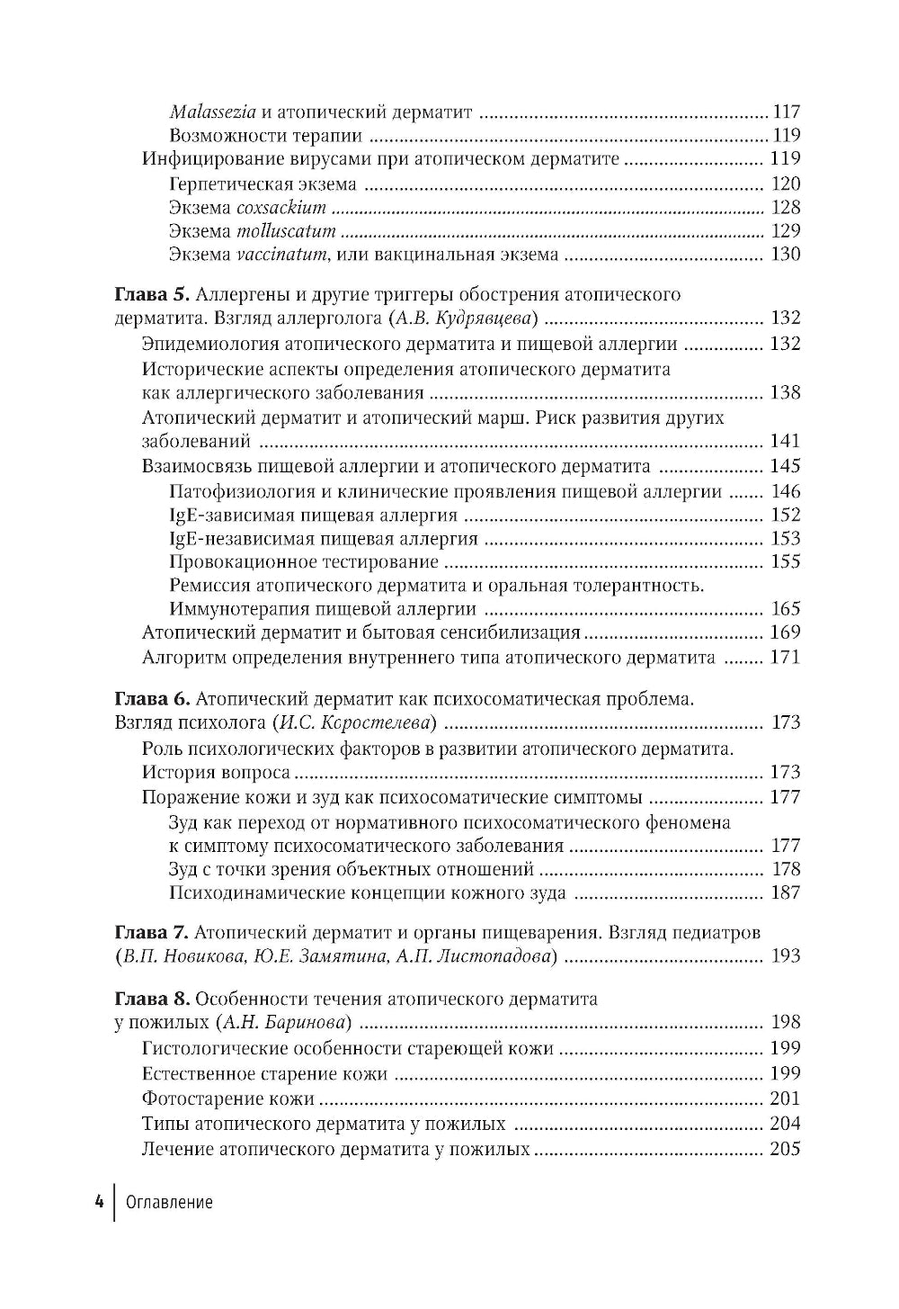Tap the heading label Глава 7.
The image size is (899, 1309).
tap(151, 932)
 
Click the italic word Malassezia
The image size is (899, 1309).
tap(213, 112)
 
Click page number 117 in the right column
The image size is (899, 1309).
tap(785, 112)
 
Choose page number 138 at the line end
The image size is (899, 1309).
tap(785, 393)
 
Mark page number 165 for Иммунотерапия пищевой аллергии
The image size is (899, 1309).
tap(785, 609)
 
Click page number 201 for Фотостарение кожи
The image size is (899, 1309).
tap(785, 1098)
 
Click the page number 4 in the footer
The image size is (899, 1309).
tap(98, 1203)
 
